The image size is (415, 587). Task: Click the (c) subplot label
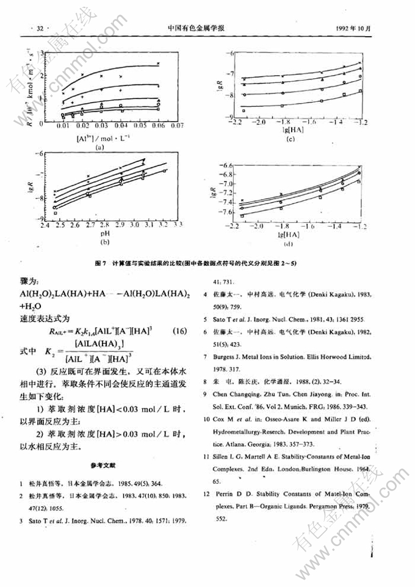pyautogui.click(x=290, y=139)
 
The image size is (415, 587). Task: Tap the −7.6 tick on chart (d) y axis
pyautogui.click(x=220, y=212)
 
